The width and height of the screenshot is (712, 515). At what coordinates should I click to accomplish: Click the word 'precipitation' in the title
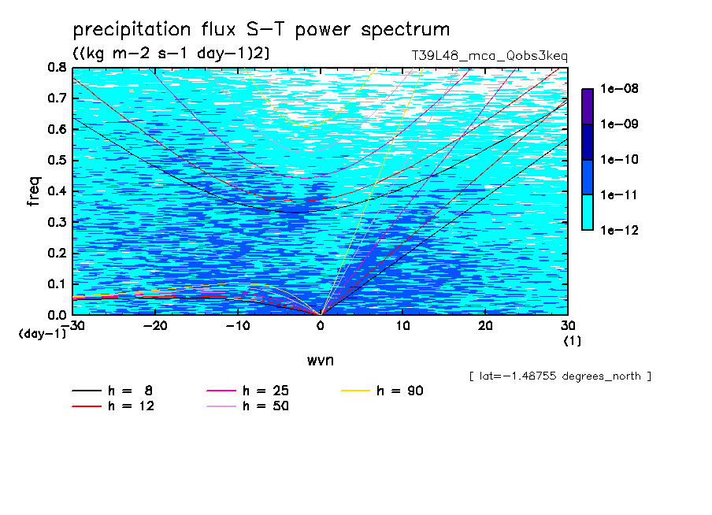[x=132, y=30]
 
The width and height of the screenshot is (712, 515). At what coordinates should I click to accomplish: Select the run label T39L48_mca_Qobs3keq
[x=490, y=56]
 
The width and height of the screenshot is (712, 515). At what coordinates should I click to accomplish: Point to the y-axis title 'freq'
[x=34, y=191]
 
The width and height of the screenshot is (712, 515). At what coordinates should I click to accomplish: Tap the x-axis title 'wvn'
[x=320, y=361]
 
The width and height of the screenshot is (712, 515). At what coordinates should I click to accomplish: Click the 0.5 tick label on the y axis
[x=57, y=161]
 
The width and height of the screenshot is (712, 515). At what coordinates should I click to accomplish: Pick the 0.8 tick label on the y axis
[x=57, y=68]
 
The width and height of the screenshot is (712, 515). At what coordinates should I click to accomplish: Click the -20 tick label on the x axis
[x=155, y=326]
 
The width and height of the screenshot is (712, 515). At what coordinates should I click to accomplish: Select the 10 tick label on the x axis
[x=402, y=326]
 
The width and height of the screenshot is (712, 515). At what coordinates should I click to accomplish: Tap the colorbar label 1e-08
[x=619, y=88]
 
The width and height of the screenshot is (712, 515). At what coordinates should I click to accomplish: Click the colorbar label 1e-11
[x=619, y=195]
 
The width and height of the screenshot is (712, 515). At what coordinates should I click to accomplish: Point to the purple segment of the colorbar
[x=588, y=106]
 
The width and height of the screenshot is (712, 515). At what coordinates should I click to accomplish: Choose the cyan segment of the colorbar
[x=588, y=213]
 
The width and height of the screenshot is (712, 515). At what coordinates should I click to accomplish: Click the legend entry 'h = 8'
[x=112, y=391]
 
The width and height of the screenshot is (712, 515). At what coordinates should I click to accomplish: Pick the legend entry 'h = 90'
[x=382, y=391]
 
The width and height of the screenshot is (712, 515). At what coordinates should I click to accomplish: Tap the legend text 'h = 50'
[x=265, y=406]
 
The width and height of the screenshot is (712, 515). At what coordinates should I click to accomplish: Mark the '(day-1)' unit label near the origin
[x=42, y=334]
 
